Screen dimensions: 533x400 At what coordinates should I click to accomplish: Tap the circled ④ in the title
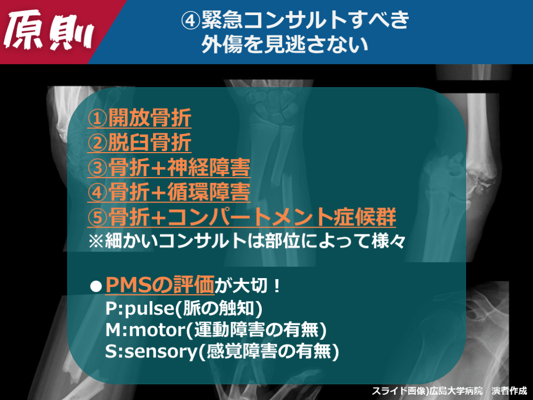[191, 20]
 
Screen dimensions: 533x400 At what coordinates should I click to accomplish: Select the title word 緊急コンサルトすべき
[305, 20]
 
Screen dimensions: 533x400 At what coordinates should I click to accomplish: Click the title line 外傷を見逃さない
[285, 45]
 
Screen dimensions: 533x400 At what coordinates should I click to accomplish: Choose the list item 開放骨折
[149, 118]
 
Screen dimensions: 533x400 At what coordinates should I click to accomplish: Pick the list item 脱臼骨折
[149, 143]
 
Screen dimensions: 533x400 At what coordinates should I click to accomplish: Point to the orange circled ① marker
[97, 118]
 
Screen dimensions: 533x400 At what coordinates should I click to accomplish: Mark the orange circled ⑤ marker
[97, 217]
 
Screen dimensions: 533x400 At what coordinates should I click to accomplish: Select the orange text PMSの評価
[160, 285]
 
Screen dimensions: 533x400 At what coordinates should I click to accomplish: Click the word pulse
[149, 309]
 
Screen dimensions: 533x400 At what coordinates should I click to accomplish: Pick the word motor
[157, 330]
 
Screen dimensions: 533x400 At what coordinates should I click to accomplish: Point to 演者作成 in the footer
[510, 391]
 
